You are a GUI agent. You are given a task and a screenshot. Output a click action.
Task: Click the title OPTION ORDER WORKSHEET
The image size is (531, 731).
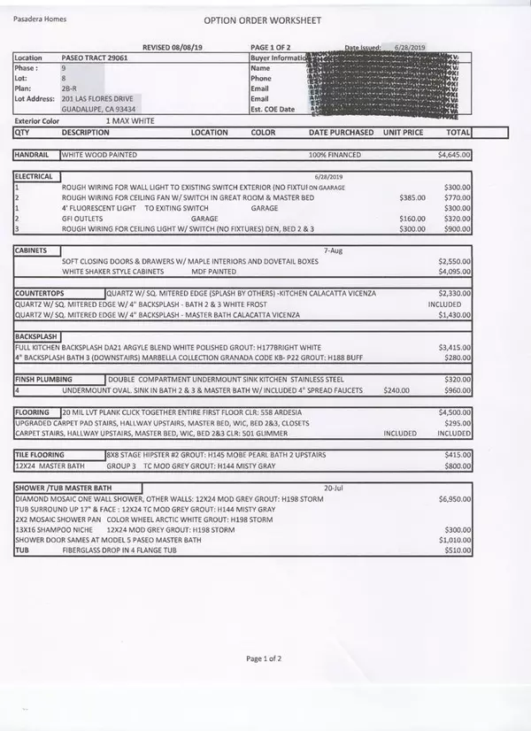tap(263, 19)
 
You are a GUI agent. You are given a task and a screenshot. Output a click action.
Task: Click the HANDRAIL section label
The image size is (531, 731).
tap(35, 155)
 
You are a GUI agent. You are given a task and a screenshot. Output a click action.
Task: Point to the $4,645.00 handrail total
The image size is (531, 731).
tap(454, 155)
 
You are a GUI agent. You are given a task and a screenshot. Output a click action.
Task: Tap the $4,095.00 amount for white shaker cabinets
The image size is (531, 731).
tap(454, 272)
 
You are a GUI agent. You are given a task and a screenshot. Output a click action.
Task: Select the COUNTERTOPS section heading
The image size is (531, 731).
tap(40, 292)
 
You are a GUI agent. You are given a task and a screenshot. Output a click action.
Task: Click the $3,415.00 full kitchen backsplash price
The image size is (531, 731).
tap(454, 348)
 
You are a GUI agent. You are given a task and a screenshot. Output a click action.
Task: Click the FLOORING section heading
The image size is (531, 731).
tap(35, 412)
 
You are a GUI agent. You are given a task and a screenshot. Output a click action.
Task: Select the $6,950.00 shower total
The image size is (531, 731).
tap(454, 500)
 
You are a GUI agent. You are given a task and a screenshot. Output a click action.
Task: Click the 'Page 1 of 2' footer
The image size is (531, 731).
tap(265, 658)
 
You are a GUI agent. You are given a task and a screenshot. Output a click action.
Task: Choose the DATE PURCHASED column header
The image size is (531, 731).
tap(341, 133)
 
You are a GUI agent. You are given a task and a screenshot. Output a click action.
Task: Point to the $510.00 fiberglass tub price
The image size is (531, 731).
tap(457, 550)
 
